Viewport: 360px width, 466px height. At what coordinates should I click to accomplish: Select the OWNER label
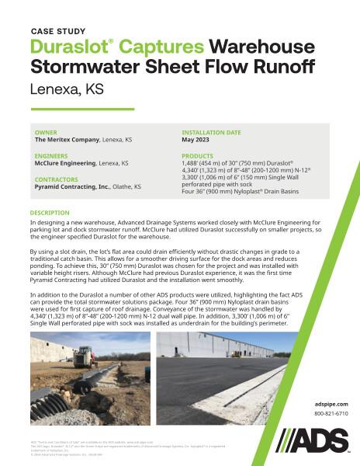click(x=45, y=132)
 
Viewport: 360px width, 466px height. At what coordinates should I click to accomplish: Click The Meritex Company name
click(x=66, y=140)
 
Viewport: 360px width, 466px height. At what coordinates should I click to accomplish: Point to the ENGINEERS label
click(x=50, y=155)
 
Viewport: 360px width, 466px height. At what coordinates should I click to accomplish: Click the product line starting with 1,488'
click(x=232, y=164)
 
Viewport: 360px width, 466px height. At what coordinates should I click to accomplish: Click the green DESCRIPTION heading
click(x=50, y=212)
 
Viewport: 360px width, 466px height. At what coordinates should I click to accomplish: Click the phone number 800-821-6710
click(x=331, y=414)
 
